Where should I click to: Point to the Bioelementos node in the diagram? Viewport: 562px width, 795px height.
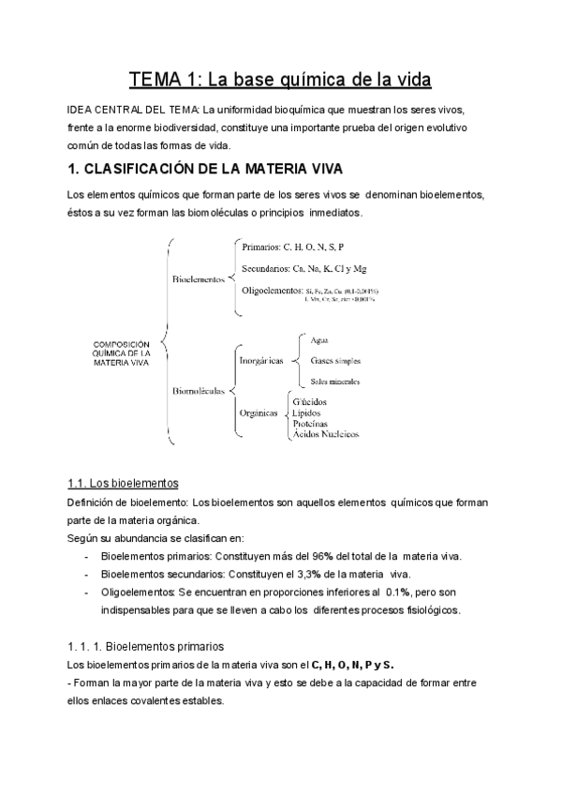point(198,279)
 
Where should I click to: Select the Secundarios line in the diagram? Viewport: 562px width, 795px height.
point(303,269)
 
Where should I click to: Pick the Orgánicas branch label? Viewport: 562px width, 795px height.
point(259,411)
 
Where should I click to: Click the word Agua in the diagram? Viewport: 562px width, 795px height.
point(318,339)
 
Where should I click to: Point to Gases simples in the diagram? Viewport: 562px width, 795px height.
point(334,360)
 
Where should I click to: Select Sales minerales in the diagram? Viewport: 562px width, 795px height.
point(334,382)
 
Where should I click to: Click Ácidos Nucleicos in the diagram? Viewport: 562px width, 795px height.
point(325,434)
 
